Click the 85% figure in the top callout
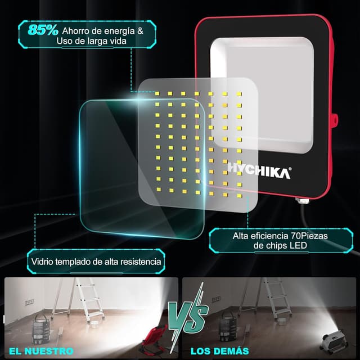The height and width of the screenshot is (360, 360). (43, 30)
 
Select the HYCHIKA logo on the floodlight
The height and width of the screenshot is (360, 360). (260, 170)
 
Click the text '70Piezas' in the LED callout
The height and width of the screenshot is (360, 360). (309, 236)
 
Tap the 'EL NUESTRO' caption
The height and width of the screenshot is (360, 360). (41, 351)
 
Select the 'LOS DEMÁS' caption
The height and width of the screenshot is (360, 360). (220, 351)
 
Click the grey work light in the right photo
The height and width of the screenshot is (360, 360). (335, 341)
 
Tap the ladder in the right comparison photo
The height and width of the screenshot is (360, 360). (266, 298)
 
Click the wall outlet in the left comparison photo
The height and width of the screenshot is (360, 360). (30, 302)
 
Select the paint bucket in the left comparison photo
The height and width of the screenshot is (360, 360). (41, 328)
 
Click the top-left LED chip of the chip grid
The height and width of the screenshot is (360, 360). (157, 93)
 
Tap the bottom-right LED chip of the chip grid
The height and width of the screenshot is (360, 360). (240, 196)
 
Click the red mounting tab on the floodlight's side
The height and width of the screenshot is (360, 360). (335, 120)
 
